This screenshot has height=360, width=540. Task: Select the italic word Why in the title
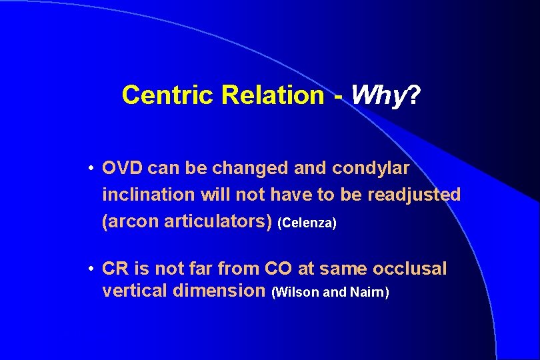click(x=377, y=95)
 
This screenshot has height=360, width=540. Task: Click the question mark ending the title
click(x=413, y=95)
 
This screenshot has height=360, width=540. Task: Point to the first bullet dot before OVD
click(x=90, y=169)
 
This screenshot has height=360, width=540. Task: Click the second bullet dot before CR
click(x=90, y=269)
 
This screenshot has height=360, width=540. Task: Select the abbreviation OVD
click(x=123, y=169)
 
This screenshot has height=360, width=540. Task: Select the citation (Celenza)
click(x=307, y=223)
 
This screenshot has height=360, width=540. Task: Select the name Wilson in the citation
click(x=296, y=292)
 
